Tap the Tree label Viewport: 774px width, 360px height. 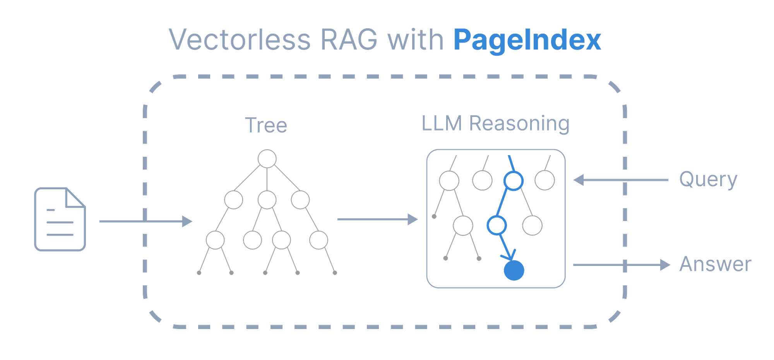click(x=266, y=125)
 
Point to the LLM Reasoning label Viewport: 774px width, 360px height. click(x=495, y=123)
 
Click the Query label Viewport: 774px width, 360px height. click(x=708, y=180)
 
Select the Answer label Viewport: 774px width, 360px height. click(x=715, y=264)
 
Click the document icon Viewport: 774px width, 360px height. click(x=60, y=219)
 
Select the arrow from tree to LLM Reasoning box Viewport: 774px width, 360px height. click(x=377, y=219)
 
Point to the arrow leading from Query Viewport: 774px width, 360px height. click(x=621, y=180)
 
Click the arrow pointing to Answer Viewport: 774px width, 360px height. click(x=621, y=265)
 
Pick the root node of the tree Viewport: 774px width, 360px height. click(x=267, y=159)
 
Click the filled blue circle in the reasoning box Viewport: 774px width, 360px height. click(x=514, y=270)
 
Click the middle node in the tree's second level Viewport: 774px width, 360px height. click(x=267, y=200)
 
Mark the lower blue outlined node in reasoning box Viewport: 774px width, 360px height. click(x=497, y=225)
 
